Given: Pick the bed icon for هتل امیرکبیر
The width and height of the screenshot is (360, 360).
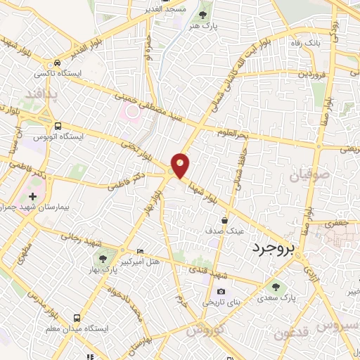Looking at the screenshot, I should (x=139, y=251).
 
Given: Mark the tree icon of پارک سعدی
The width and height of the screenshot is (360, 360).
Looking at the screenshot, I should (x=276, y=286).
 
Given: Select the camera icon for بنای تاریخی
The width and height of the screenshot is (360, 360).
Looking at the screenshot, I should (x=221, y=292).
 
